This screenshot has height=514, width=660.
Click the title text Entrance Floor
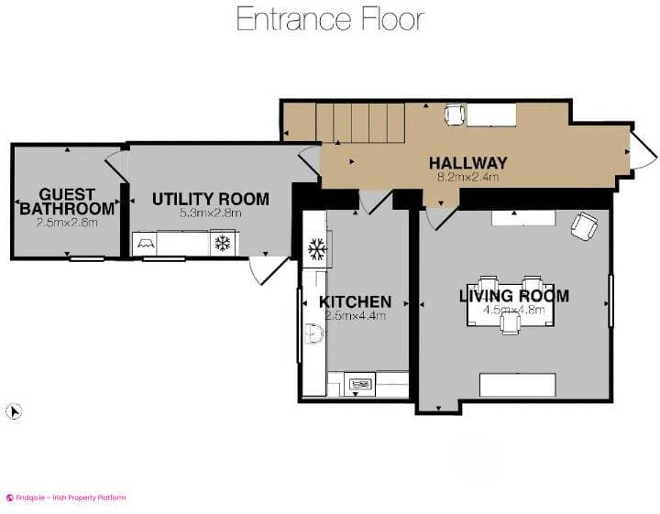330,18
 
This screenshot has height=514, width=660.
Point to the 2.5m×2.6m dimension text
67,222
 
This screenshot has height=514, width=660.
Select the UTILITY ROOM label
211,199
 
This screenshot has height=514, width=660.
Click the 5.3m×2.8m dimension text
210,213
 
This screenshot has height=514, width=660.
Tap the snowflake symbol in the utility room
221,243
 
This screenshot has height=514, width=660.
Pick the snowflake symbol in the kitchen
316,248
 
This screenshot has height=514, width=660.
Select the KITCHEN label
355,301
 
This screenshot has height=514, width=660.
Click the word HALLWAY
467,163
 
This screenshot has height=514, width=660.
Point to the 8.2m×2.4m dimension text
467,177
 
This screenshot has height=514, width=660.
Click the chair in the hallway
455,115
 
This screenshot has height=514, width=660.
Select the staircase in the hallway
360,124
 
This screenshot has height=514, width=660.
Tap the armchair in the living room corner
583,226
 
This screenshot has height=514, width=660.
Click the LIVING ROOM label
513,296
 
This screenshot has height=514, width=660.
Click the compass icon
13,411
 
